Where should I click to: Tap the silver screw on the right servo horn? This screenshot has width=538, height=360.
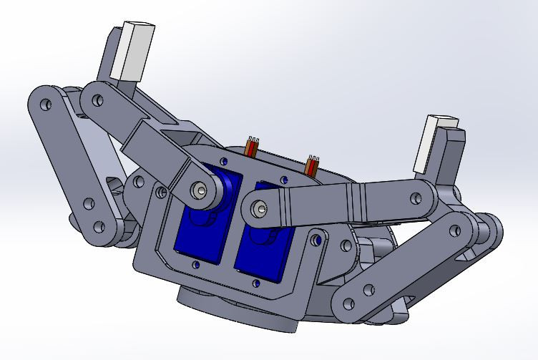click(259, 209)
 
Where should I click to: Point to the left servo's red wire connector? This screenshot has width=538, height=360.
click(253, 147)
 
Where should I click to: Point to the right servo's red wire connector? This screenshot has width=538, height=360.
click(312, 166)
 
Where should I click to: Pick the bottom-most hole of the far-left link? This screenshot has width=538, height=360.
click(94, 228)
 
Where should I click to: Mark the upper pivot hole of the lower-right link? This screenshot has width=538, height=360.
click(454, 230)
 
